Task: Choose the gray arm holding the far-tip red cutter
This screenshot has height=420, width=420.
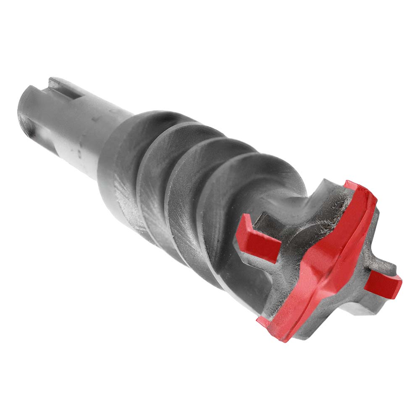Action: tap(378, 265)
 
